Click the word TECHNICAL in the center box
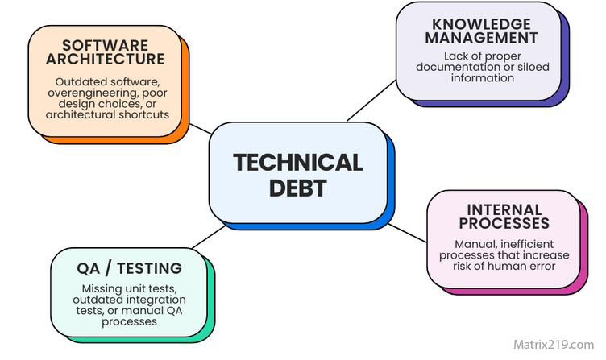297,163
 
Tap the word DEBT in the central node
297,188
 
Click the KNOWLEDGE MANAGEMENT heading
482,31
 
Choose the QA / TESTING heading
130,269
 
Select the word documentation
455,67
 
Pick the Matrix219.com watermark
553,345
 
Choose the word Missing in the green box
101,288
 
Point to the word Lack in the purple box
457,56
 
